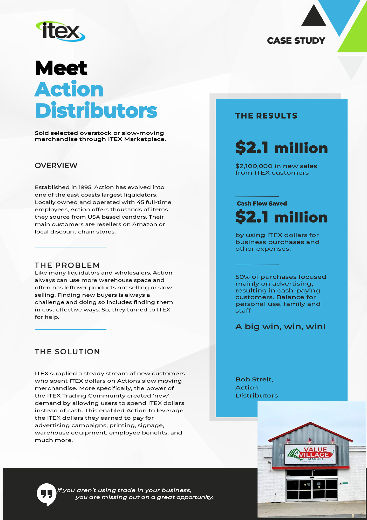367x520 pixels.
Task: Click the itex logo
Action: point(60,31)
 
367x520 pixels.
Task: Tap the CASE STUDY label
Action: point(296,41)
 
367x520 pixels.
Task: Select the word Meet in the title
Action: point(61,68)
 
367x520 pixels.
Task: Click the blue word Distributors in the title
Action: point(96,111)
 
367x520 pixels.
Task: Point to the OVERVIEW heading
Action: point(56,166)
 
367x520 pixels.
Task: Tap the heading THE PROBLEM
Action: point(67,265)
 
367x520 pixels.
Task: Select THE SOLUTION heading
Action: point(67,352)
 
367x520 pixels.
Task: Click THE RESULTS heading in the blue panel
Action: point(266,116)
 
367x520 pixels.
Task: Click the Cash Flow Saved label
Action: point(262,204)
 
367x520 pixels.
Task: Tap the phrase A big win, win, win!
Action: point(280,327)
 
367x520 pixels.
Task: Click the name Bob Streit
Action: point(254,380)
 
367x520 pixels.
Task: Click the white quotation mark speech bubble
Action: point(46,494)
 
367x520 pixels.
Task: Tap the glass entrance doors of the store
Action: point(311,489)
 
